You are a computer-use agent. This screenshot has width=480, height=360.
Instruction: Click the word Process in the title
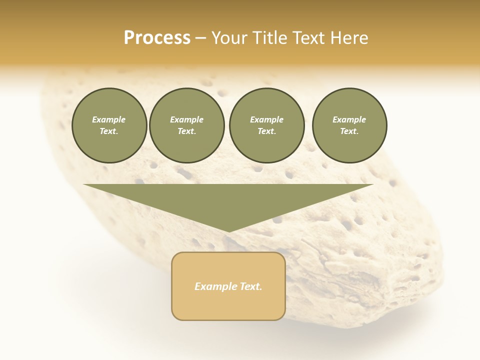[x=157, y=38]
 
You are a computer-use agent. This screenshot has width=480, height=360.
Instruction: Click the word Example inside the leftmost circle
[x=109, y=119]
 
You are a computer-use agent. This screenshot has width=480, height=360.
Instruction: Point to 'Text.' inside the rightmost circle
[x=349, y=131]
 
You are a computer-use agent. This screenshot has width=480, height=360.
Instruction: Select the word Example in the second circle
[x=186, y=119]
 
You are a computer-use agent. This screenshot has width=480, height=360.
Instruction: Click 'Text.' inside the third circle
[x=266, y=131]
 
